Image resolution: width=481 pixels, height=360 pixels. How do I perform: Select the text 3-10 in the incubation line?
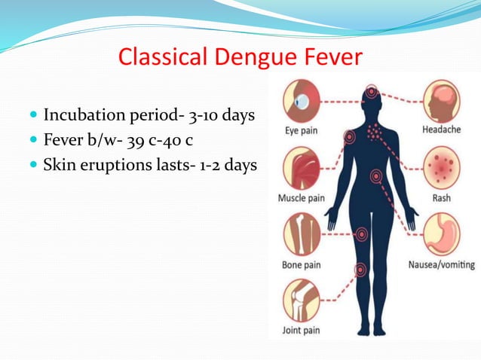(x=204, y=115)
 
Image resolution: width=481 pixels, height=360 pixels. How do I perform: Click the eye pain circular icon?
(x=302, y=102)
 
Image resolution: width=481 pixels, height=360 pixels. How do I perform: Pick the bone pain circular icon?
(x=302, y=235)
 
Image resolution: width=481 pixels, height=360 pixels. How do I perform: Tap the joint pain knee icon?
(x=302, y=300)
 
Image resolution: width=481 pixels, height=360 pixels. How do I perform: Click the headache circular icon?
(x=442, y=101)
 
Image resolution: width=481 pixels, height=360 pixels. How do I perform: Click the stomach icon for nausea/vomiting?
(x=442, y=235)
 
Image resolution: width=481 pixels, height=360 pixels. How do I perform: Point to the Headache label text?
(x=442, y=130)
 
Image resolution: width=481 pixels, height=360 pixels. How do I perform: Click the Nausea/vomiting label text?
(x=441, y=264)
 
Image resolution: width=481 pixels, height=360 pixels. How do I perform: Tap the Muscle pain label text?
(x=302, y=198)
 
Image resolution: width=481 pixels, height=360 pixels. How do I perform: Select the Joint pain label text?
(x=302, y=329)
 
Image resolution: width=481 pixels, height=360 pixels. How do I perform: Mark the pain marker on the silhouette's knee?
(x=361, y=269)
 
